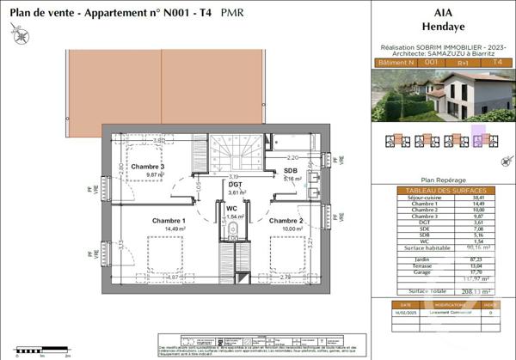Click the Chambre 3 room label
pos(148,165)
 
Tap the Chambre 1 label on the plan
pos(146,220)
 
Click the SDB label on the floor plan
pos(291,171)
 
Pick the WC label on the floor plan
pos(231,208)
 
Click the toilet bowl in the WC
pos(232,230)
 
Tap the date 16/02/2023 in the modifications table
pos(403,313)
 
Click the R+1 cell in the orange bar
pos(463,62)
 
